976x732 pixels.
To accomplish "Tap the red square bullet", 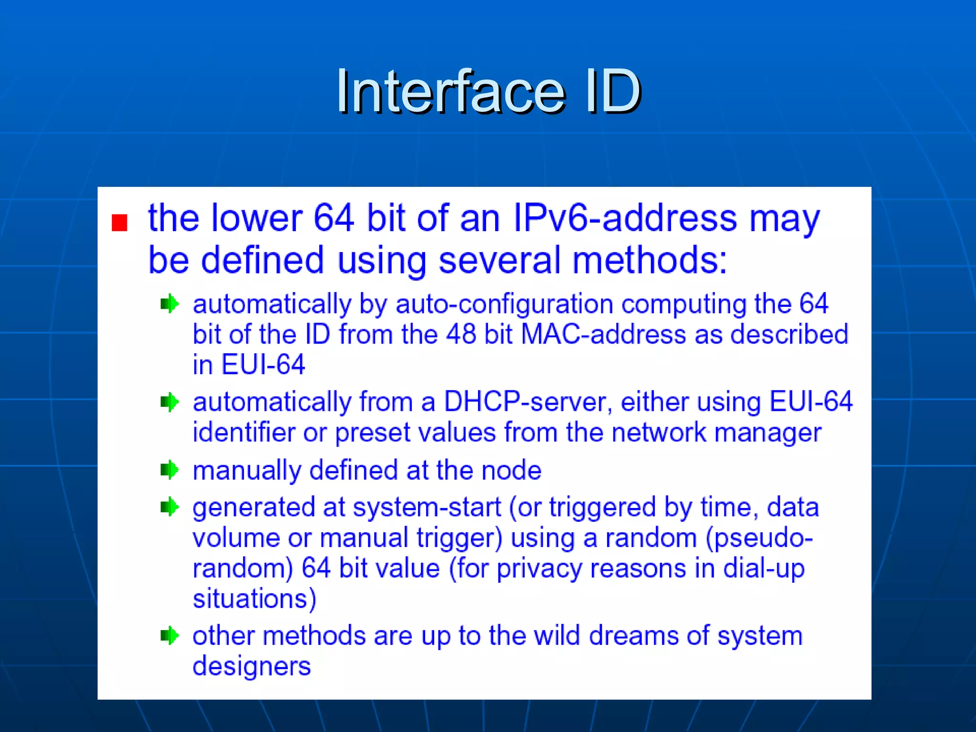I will (x=119, y=223).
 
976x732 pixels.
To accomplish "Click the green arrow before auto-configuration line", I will (x=170, y=304).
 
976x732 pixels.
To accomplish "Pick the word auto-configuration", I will (x=504, y=304).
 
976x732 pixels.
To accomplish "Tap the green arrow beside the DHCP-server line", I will (x=170, y=402).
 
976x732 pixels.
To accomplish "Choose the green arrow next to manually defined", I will (x=170, y=470).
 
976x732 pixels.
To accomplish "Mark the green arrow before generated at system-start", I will (x=170, y=507).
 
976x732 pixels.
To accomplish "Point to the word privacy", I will (x=539, y=569).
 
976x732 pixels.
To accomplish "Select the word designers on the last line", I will (x=252, y=666).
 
